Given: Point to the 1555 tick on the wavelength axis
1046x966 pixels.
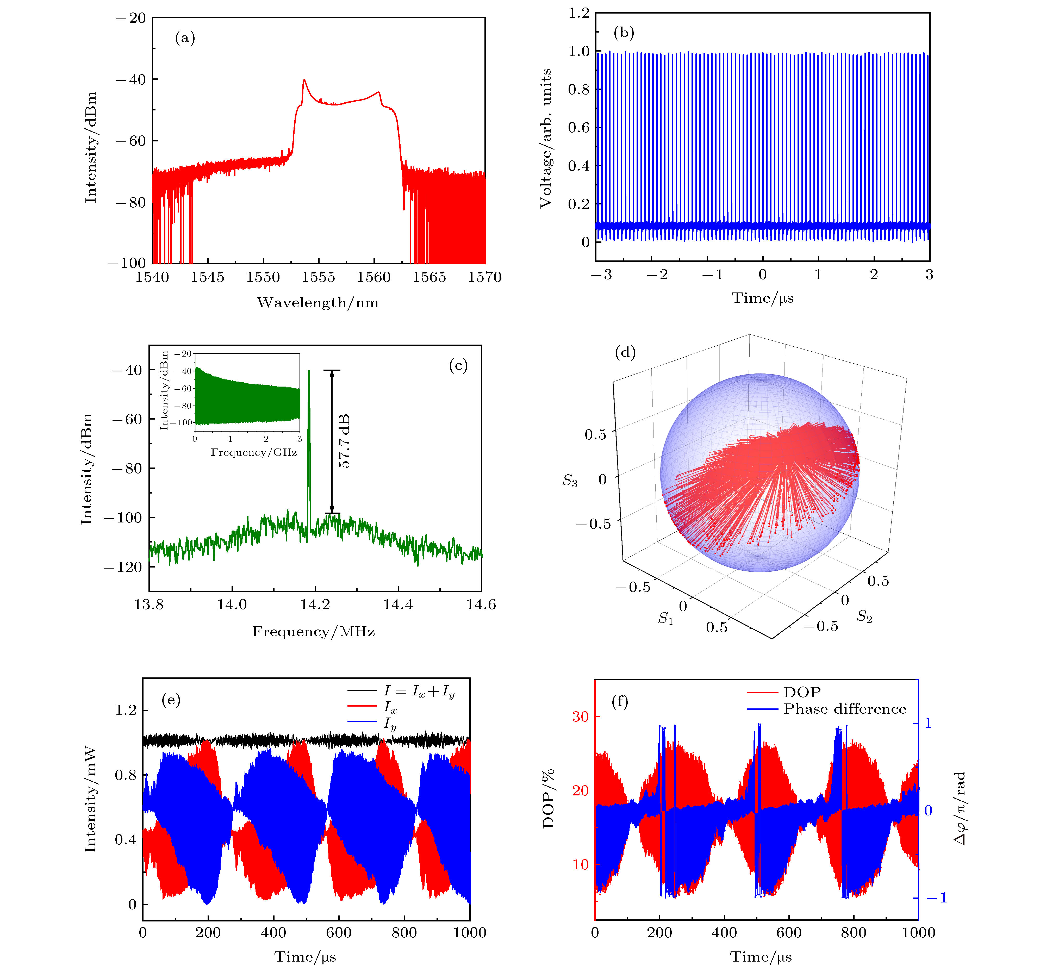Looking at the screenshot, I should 318,277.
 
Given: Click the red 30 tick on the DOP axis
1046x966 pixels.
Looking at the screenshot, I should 580,717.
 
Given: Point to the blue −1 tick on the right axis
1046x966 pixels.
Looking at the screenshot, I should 936,898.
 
